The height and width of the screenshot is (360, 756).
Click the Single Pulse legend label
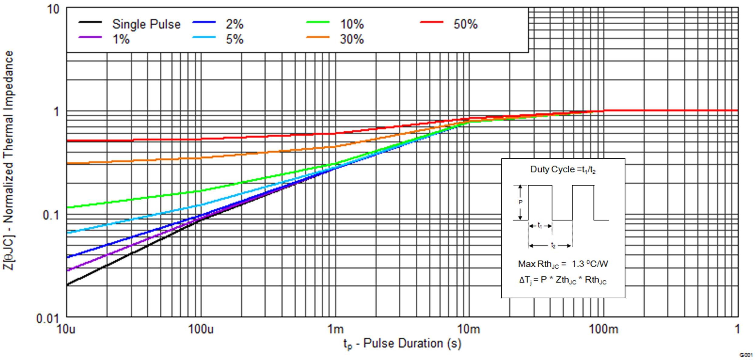coord(146,24)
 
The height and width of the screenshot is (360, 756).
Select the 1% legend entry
coord(121,39)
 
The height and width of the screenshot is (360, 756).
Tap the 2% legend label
coord(234,24)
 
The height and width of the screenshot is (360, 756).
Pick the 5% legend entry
coord(234,39)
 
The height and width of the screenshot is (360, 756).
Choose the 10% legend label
coord(352,24)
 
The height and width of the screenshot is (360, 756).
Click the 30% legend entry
coord(352,39)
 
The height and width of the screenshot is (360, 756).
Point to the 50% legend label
coord(465,24)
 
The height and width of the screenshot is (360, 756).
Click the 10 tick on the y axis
coord(53,9)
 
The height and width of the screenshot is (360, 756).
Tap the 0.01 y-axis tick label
coord(47,319)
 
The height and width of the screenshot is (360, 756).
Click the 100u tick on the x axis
coord(201,329)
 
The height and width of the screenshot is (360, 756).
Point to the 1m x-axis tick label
coord(335,329)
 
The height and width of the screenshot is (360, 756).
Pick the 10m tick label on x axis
coord(468,329)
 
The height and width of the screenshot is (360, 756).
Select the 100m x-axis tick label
coord(603,329)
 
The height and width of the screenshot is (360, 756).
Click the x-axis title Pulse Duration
coord(402,344)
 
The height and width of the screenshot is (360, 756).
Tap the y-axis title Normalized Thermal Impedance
coord(9,160)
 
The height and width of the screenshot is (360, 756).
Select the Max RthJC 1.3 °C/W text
coord(563,264)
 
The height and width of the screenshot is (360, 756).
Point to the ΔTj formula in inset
coord(563,280)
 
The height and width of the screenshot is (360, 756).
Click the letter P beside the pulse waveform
coord(520,202)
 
